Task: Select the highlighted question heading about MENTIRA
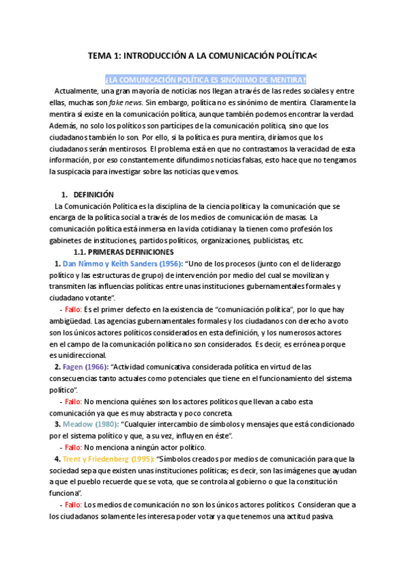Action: point(205,79)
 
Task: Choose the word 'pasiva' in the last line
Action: point(319,516)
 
